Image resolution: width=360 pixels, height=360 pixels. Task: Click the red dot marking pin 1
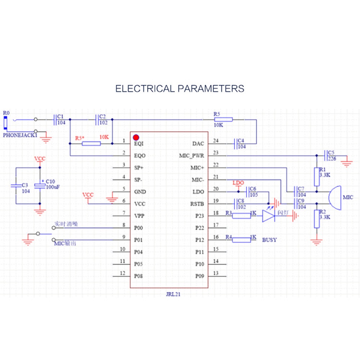136,137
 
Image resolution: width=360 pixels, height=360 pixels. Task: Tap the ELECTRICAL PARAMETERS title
180,89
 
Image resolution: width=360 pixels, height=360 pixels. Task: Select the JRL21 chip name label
173,294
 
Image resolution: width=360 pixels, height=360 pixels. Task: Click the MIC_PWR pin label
192,156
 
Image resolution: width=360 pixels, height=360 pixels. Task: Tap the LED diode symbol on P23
269,216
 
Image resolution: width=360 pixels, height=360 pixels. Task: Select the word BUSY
270,240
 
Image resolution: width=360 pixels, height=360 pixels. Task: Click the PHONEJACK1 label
20,136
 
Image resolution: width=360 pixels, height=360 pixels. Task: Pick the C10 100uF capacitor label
53,185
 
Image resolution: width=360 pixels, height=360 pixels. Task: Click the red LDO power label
239,183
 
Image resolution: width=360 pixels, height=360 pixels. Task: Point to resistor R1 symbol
316,176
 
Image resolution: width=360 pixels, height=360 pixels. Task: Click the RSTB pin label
197,204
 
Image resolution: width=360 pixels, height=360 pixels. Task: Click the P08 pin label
139,276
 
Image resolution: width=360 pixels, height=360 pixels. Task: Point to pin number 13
216,273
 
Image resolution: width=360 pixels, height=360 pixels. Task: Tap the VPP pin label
139,216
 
